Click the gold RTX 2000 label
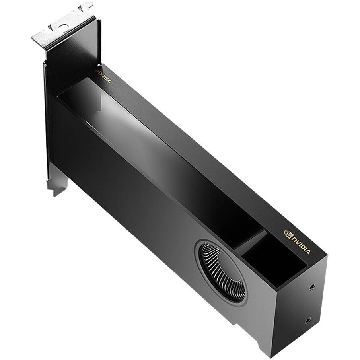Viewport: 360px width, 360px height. click(x=103, y=76)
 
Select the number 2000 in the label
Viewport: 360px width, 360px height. click(x=107, y=79)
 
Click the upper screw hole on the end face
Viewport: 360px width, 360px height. click(x=312, y=287)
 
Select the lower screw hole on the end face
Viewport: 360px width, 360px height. click(x=308, y=321)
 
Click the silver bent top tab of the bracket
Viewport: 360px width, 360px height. click(x=62, y=25)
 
